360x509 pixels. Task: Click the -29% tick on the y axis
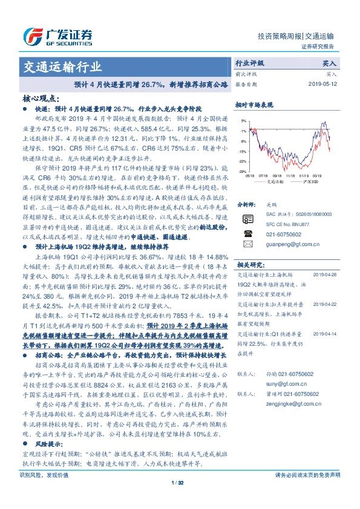242,161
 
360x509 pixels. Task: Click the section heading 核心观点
41,97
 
